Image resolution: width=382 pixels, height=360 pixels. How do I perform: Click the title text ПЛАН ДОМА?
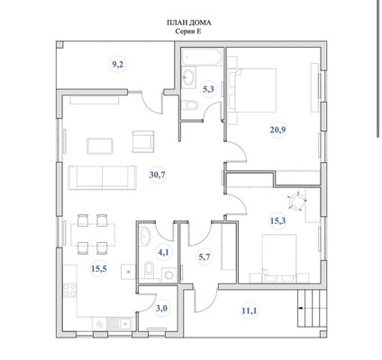(189, 22)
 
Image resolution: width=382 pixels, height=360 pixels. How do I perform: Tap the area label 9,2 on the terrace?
(118, 65)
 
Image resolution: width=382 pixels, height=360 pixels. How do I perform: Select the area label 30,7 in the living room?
(158, 175)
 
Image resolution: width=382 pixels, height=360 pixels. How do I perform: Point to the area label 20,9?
(277, 130)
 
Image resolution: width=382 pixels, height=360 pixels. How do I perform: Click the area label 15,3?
(277, 221)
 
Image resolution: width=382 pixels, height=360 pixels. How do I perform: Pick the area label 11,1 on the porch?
(250, 310)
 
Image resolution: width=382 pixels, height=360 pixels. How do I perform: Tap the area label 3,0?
(161, 309)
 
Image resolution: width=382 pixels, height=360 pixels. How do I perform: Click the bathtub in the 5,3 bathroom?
(202, 57)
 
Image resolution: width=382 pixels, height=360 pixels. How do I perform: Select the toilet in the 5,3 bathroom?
(190, 105)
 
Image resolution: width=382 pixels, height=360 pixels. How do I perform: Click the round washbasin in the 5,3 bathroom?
(189, 77)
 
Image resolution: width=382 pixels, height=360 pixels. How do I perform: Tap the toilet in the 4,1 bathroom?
(149, 269)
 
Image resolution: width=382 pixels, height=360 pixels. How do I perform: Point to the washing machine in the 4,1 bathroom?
(168, 275)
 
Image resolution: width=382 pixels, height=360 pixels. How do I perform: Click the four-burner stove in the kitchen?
(69, 290)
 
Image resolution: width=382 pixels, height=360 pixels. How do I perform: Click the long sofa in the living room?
(103, 177)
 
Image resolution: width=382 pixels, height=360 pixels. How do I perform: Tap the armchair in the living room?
(143, 141)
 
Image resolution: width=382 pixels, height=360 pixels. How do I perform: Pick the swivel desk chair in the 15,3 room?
(297, 201)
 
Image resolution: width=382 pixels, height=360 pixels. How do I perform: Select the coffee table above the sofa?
(100, 146)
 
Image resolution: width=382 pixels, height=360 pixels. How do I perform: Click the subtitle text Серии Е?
(188, 31)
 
